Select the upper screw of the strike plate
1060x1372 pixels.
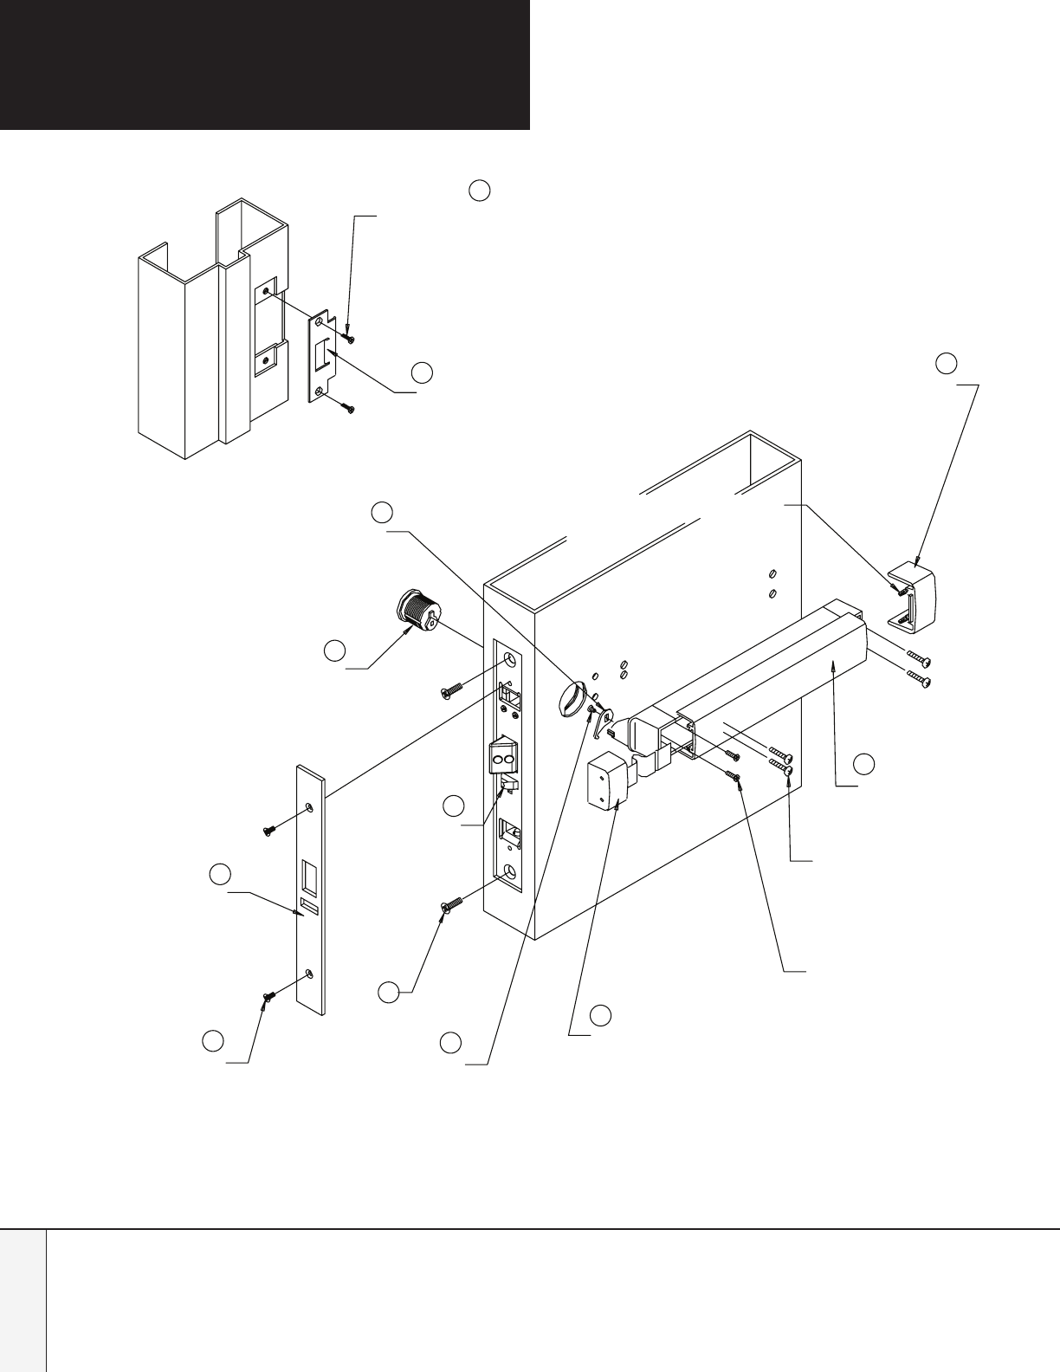(348, 335)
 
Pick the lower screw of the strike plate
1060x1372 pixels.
(348, 405)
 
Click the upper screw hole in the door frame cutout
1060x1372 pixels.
(266, 292)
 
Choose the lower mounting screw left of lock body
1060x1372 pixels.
(451, 904)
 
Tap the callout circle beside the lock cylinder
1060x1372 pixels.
(334, 650)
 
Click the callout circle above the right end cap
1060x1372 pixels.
(947, 363)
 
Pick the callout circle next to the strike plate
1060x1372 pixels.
(422, 372)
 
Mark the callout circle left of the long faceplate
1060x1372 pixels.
(220, 874)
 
